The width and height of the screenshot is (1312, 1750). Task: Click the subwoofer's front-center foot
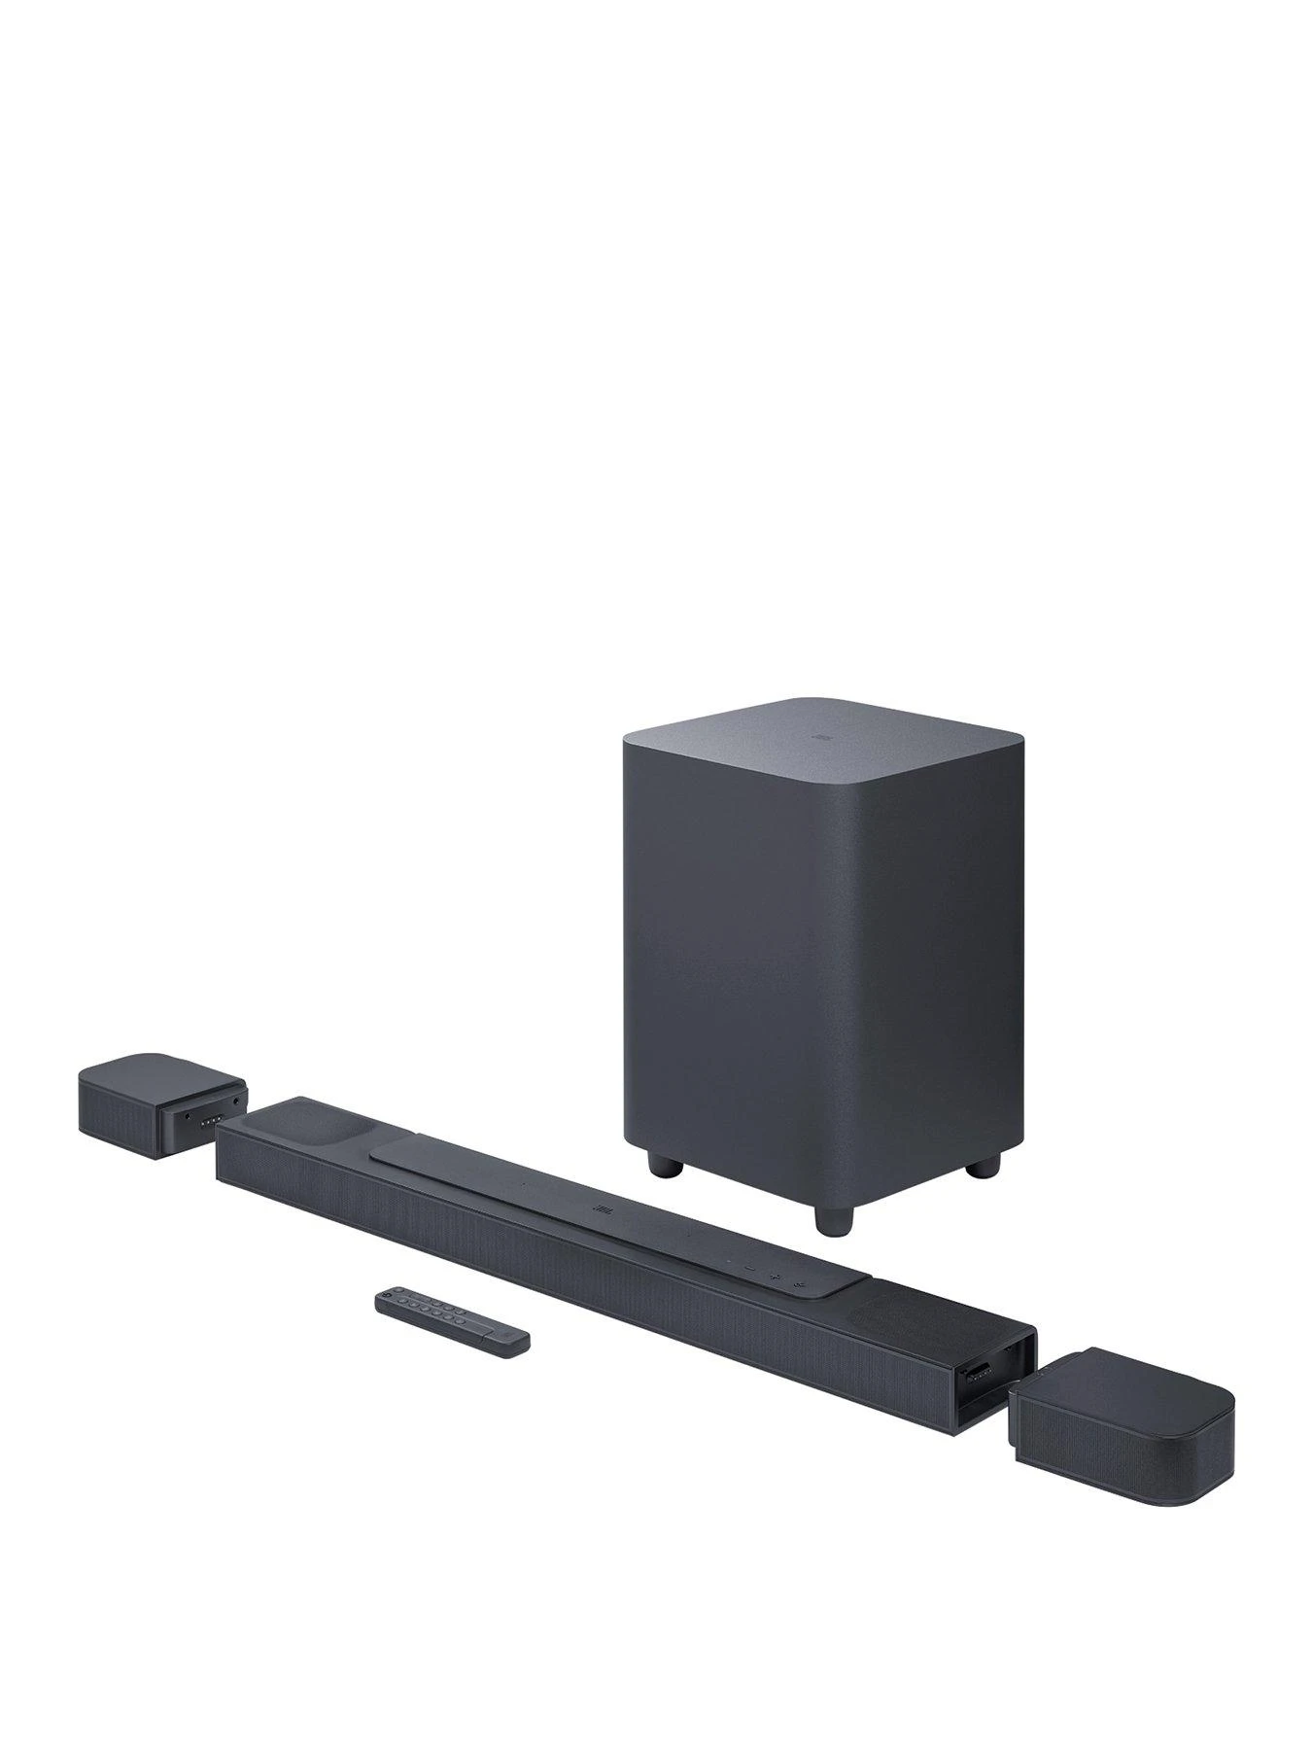coord(832,1219)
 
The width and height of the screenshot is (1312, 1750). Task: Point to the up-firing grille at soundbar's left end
coord(295,1124)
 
